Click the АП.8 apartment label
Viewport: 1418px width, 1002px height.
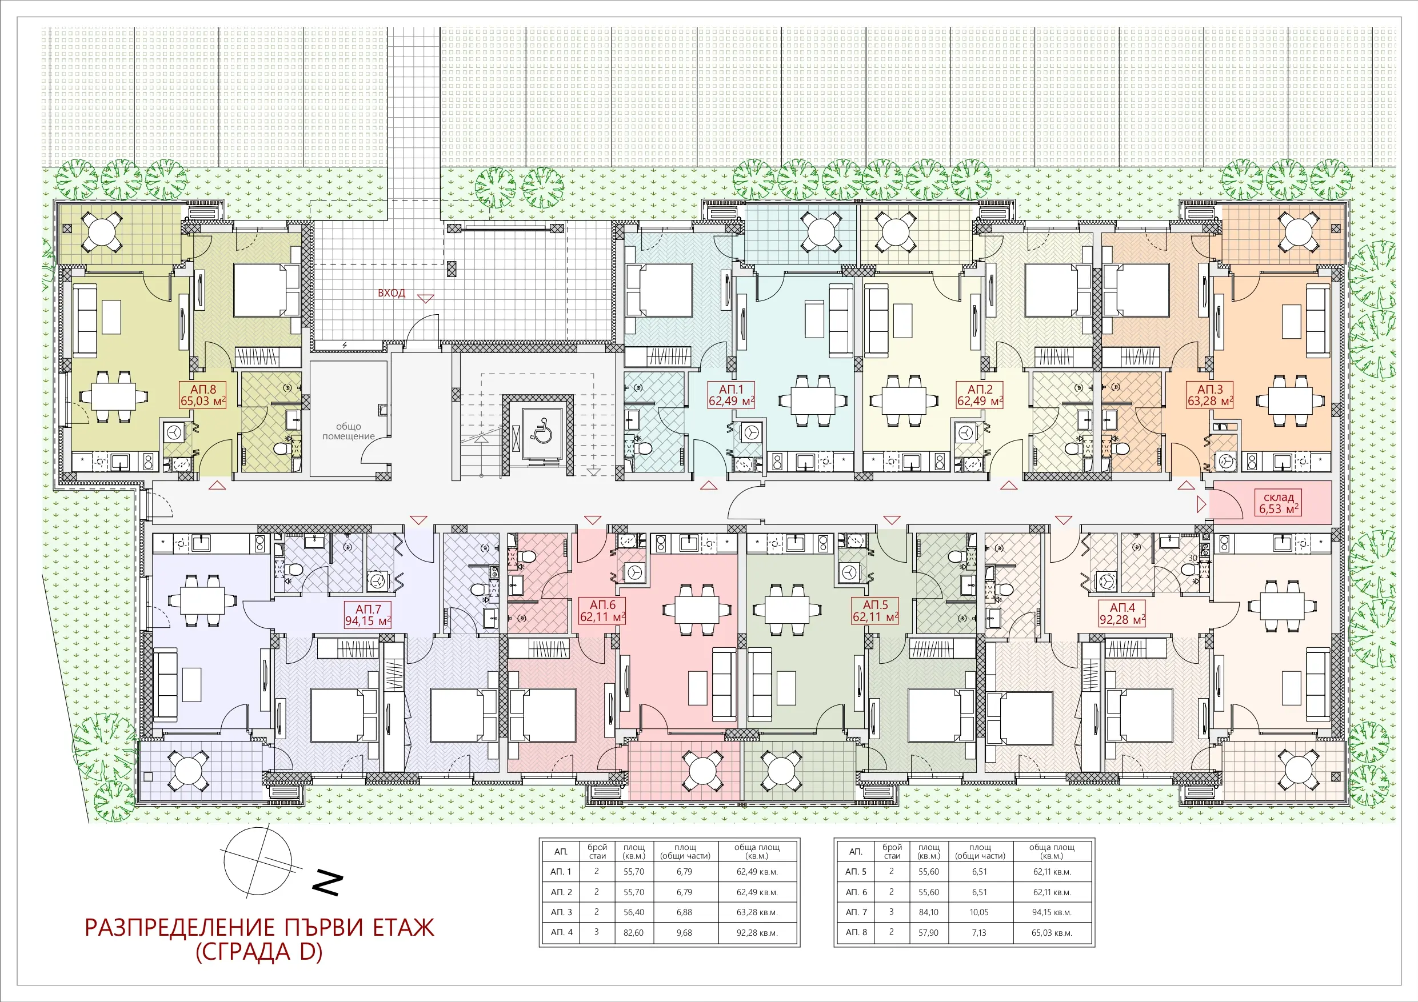(203, 395)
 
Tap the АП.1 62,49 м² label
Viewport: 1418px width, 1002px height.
(731, 395)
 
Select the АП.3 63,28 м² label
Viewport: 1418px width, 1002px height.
(1210, 395)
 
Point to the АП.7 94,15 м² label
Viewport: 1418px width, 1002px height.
(368, 615)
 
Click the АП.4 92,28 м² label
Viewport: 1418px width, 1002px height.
(1122, 613)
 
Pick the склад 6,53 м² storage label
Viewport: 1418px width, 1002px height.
(1279, 503)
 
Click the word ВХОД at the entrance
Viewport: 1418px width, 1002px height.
(392, 292)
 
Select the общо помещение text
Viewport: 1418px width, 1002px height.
(348, 431)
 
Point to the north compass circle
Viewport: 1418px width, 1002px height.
(258, 861)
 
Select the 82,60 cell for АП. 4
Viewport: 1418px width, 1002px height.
(633, 933)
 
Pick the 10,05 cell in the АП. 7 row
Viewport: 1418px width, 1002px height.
(979, 912)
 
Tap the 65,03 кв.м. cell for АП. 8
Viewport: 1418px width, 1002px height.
(1052, 933)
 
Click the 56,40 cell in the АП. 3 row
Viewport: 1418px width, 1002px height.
(633, 912)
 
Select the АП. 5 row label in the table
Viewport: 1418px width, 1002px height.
(856, 872)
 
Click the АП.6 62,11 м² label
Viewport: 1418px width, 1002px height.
(602, 611)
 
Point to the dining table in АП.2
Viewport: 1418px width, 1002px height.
(904, 400)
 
